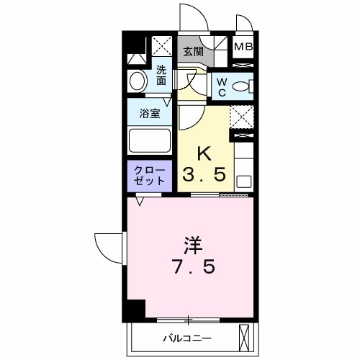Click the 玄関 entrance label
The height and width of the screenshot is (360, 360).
pyautogui.click(x=192, y=51)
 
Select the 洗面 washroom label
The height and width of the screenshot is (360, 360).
pyautogui.click(x=161, y=76)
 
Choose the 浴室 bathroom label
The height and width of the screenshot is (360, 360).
pyautogui.click(x=150, y=113)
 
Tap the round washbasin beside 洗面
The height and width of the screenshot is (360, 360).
pyautogui.click(x=137, y=81)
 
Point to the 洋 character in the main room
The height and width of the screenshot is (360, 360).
pyautogui.click(x=192, y=246)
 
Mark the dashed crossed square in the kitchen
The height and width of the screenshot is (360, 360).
pyautogui.click(x=242, y=115)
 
